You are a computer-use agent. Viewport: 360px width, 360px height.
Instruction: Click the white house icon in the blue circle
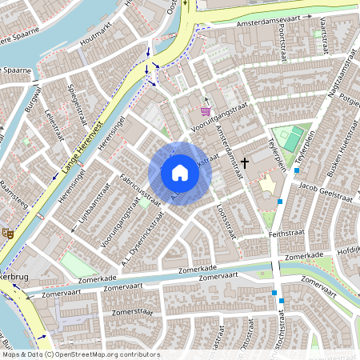coord(180,172)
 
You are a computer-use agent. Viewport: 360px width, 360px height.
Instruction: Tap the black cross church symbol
coord(244,162)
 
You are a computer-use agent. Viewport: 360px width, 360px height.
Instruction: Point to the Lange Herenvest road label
coord(82,144)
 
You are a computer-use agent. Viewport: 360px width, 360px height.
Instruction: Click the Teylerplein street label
coord(281,150)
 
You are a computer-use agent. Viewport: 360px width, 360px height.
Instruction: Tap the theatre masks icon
coord(8,234)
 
